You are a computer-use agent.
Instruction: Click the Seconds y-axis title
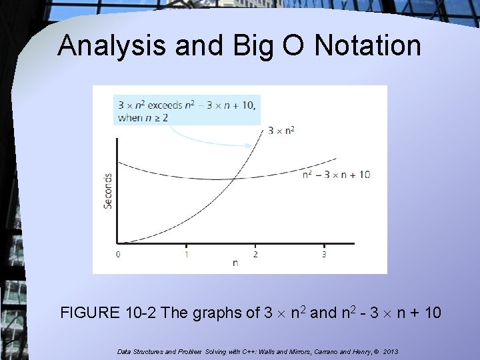tap(108, 191)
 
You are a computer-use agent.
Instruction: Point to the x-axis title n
tap(235, 263)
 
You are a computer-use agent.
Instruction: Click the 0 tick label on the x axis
tap(118, 254)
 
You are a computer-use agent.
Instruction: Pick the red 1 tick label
tap(187, 254)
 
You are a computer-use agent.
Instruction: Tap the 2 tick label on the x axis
tap(255, 254)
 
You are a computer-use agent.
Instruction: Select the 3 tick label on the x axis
tap(324, 254)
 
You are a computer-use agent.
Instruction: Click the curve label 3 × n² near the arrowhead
tap(281, 131)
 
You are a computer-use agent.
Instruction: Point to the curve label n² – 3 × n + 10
tap(336, 175)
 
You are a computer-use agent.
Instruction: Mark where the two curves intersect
tap(233, 177)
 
